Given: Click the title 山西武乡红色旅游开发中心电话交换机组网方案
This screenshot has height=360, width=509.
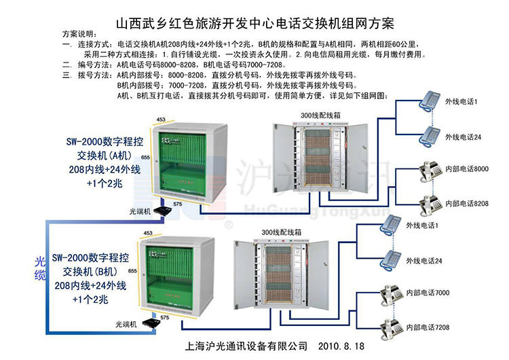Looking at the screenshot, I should pyautogui.click(x=254, y=24).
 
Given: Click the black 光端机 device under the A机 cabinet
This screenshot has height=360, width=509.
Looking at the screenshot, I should pyautogui.click(x=162, y=211).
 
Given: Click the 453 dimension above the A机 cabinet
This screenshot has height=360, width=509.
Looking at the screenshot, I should pyautogui.click(x=161, y=120).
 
